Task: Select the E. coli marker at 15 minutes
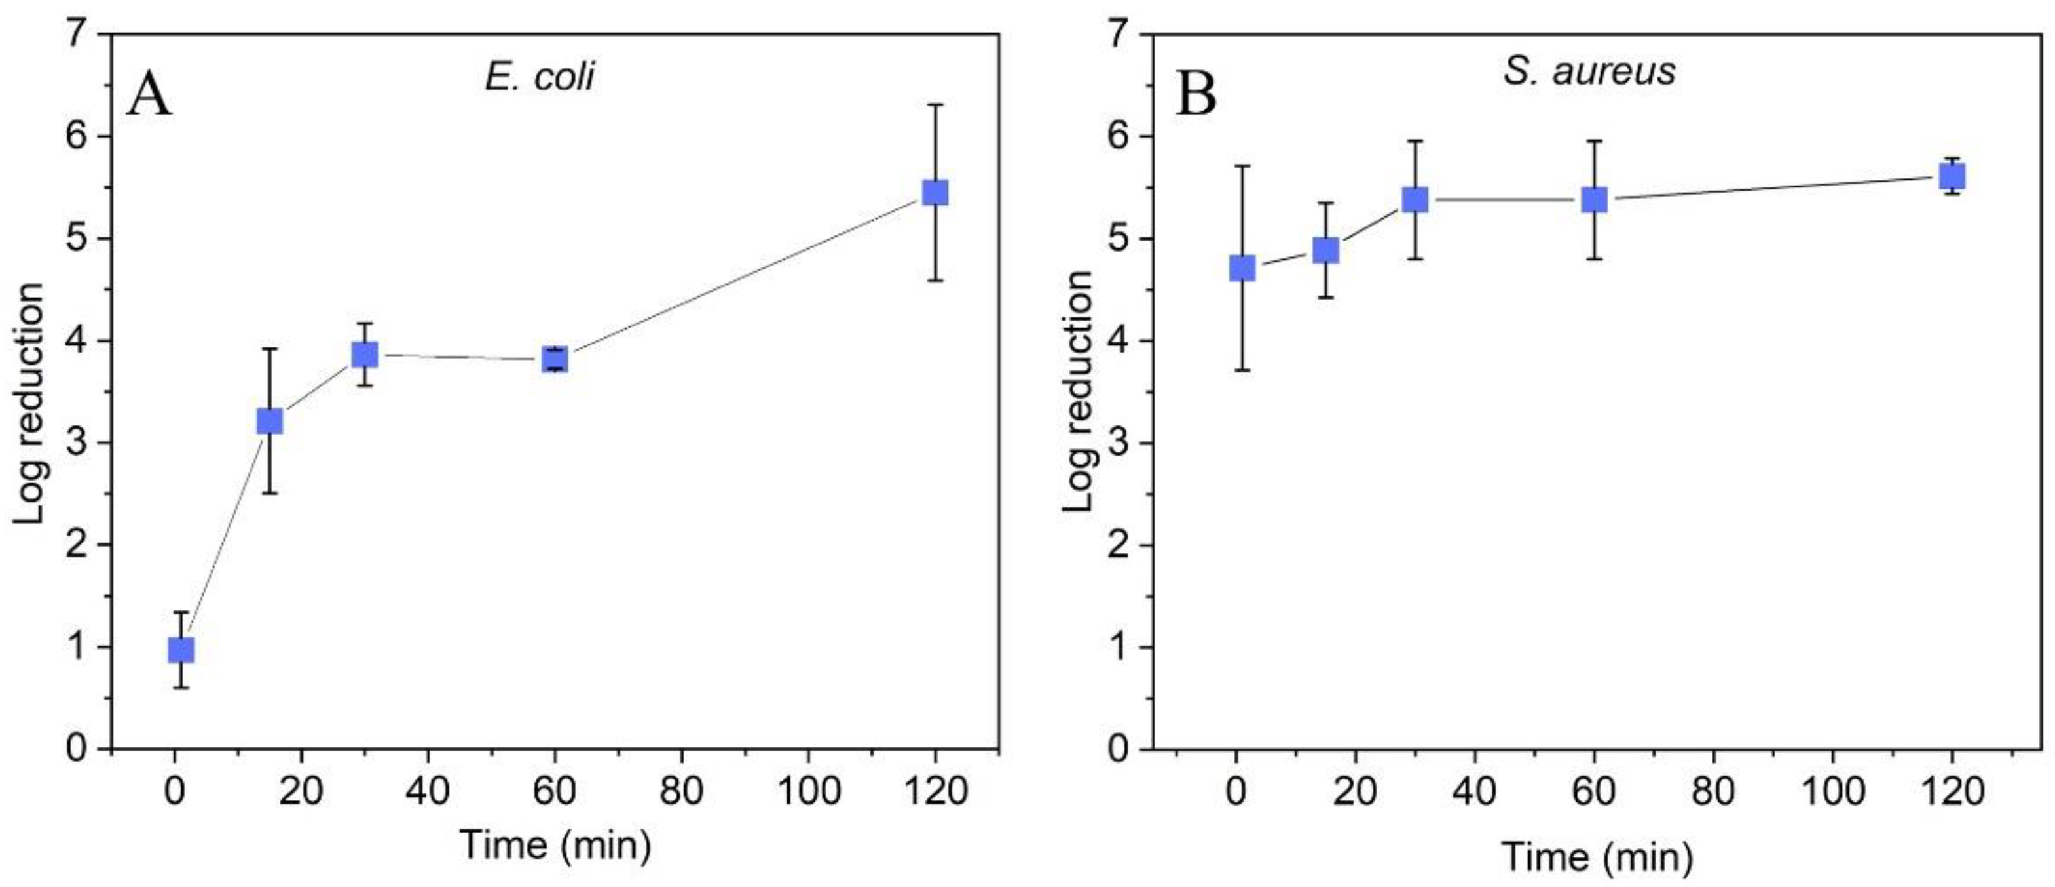coord(270,421)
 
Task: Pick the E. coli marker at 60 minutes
coord(555,359)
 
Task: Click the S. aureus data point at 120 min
coord(1952,176)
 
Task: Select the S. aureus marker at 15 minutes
coord(1325,250)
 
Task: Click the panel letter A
coord(149,95)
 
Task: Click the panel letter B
coord(1196,95)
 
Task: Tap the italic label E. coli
coord(539,77)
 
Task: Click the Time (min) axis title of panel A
coord(555,844)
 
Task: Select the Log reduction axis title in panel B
coord(1079,391)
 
